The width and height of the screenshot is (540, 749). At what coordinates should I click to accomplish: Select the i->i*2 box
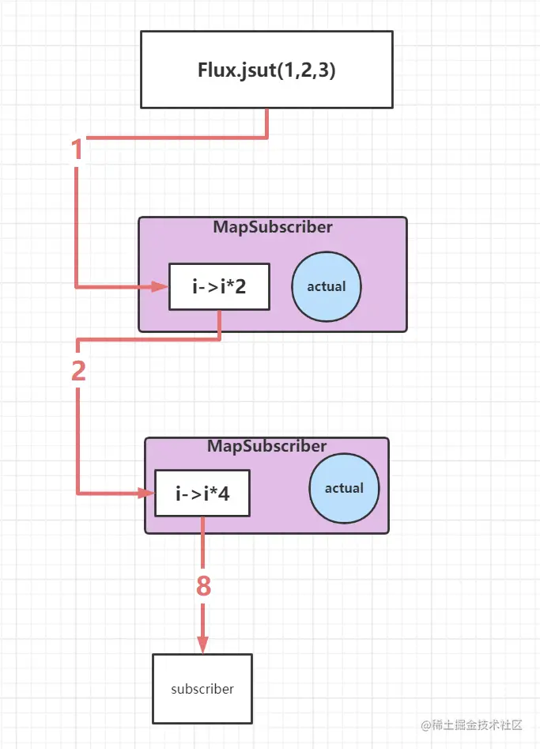219,286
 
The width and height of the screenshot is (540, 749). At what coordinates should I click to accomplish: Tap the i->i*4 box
202,494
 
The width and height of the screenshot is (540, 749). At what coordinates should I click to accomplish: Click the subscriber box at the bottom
202,688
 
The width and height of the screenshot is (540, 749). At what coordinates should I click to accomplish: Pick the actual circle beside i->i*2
327,286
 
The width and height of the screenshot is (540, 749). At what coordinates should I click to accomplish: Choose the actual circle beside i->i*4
344,488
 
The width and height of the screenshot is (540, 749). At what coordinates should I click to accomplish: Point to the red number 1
77,150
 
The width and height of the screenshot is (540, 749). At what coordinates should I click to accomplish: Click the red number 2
78,372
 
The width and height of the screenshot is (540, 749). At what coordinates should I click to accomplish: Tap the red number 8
203,587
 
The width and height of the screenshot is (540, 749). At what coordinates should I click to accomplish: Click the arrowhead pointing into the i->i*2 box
160,286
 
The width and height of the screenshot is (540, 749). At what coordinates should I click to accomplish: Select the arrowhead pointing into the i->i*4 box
146,494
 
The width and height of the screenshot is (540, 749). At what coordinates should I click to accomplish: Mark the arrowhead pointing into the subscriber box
202,645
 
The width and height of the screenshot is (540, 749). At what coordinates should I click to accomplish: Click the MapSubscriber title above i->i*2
272,227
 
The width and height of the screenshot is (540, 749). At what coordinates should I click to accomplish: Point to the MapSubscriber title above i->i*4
266,446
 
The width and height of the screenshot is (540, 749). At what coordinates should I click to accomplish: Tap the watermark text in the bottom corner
472,725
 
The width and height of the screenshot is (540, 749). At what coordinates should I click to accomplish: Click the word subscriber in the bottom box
202,689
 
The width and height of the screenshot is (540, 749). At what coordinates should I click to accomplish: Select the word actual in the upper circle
327,286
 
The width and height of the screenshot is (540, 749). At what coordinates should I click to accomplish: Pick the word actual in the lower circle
344,488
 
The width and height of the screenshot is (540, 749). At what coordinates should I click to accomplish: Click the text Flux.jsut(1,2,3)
266,70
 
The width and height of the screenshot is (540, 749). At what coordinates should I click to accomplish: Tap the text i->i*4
202,495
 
